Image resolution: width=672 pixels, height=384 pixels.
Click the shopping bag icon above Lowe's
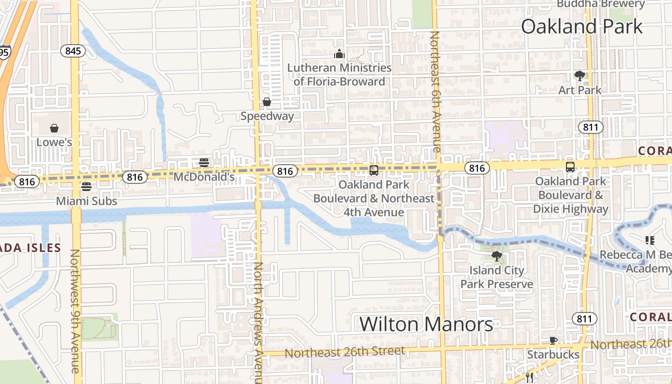pos(54,128)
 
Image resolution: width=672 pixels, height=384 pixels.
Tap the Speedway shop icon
pos(267,102)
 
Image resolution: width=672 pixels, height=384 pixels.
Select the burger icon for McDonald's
pos(204,162)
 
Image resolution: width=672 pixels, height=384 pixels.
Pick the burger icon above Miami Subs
pos(86,186)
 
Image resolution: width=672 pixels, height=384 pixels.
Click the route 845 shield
pos(73,51)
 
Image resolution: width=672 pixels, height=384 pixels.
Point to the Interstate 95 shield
pos(4,52)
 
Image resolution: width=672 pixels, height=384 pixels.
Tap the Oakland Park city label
pos(581,26)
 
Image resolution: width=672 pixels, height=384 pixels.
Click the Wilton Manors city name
pos(426,324)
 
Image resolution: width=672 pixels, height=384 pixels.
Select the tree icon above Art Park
pos(579,75)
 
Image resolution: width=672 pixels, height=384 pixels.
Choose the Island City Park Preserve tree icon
pos(496,256)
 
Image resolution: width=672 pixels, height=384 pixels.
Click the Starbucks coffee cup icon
pos(553,340)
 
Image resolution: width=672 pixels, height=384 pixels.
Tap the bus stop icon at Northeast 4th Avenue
pos(373,170)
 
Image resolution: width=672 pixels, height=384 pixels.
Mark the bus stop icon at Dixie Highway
pos(570,167)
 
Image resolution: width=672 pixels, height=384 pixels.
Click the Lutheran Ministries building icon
pos(339,54)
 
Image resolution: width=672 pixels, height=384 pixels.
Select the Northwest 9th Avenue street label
pos(75,311)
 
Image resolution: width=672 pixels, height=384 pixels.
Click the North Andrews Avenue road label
pos(259,322)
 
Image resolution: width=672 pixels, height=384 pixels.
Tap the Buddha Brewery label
pos(600,4)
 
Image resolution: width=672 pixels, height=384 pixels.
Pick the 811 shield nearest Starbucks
pos(584,319)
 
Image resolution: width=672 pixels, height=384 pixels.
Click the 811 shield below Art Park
pos(590,127)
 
